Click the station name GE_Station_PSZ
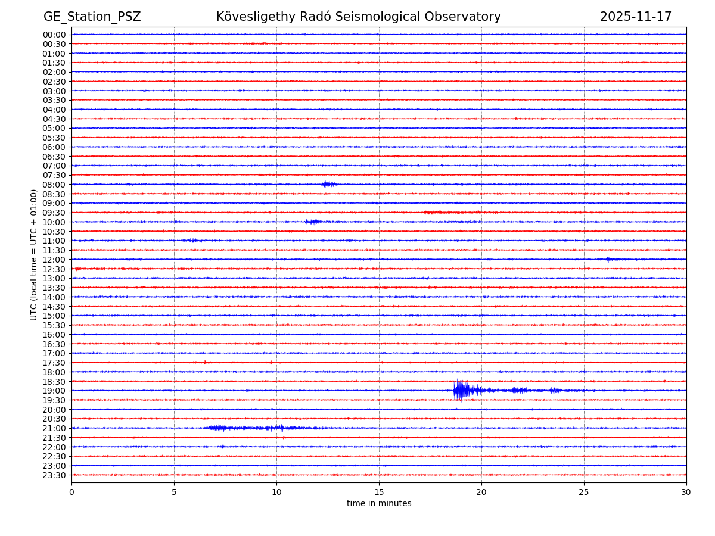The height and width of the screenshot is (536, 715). pyautogui.click(x=92, y=17)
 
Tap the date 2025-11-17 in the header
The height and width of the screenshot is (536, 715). pyautogui.click(x=635, y=17)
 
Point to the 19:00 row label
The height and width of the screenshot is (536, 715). pyautogui.click(x=54, y=391)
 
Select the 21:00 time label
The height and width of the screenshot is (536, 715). pyautogui.click(x=54, y=428)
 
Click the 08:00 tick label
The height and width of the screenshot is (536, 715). pyautogui.click(x=54, y=185)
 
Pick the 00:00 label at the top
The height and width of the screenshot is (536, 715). pyautogui.click(x=54, y=35)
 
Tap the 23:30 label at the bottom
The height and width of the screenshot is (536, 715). pyautogui.click(x=54, y=475)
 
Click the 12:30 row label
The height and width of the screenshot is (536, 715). pyautogui.click(x=54, y=269)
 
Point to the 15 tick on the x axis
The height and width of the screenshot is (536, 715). pyautogui.click(x=379, y=493)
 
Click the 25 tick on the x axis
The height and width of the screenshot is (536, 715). pyautogui.click(x=584, y=493)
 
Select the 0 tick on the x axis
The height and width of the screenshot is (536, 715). pyautogui.click(x=71, y=493)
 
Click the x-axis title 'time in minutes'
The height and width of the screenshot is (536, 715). pyautogui.click(x=379, y=504)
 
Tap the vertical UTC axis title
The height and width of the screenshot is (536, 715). pyautogui.click(x=35, y=254)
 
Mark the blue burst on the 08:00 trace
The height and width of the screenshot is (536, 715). pyautogui.click(x=328, y=184)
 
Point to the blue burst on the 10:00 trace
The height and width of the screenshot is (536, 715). pyautogui.click(x=312, y=222)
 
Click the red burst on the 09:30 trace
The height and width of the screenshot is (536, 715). pyautogui.click(x=453, y=212)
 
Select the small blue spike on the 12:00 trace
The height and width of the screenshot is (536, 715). pyautogui.click(x=608, y=259)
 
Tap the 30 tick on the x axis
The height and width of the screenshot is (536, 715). pyautogui.click(x=686, y=493)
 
